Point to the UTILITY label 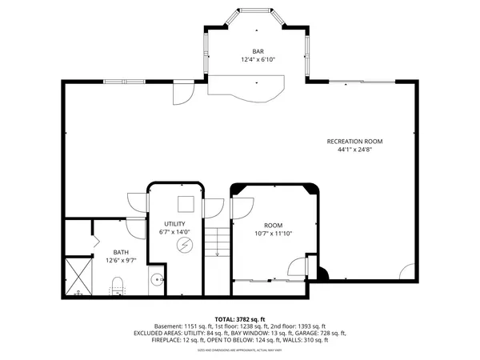point(174,223)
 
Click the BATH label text point(120,250)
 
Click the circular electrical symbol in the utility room point(185,244)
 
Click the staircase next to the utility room point(214,240)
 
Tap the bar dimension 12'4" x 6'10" point(258,60)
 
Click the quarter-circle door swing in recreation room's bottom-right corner point(409,272)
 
